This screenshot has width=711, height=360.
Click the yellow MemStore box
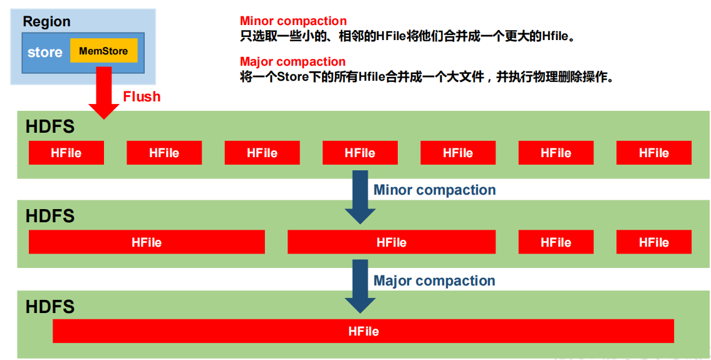103,50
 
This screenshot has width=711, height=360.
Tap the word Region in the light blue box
47,21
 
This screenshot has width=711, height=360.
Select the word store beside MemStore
45,52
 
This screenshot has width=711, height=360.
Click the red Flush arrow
104,93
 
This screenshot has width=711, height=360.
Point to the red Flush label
142,96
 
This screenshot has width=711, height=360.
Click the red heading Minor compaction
293,21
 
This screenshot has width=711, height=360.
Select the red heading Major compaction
293,61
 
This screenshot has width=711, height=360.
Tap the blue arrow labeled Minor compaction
360,197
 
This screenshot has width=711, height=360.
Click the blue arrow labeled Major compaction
360,287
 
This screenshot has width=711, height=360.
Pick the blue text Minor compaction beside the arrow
434,190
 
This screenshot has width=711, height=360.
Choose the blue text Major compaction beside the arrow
434,280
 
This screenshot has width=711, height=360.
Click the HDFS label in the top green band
50,126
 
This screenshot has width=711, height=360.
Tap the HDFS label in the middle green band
50,216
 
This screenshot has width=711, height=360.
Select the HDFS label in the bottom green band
50,307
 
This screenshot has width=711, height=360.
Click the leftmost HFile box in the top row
66,153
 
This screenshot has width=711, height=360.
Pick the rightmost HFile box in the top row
654,153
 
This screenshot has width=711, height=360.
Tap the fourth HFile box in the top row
360,153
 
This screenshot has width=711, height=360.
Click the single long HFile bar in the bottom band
363,331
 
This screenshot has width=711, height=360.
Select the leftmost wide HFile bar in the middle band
147,242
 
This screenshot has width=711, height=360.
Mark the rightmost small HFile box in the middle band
654,242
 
